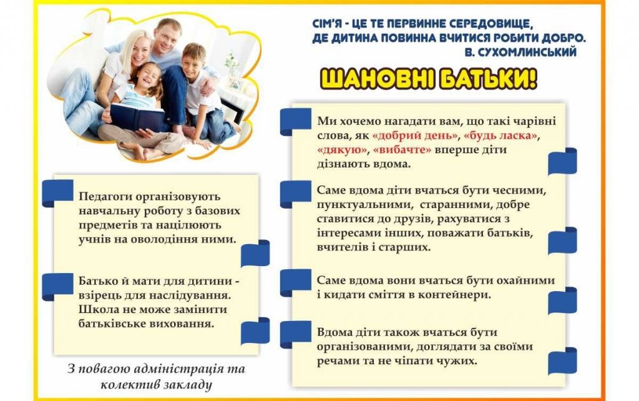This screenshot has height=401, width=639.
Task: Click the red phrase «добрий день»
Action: tap(415, 135)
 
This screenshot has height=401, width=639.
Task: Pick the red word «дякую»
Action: tap(342, 150)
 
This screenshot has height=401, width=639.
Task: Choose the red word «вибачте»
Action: tap(402, 149)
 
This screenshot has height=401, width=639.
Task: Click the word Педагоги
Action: tap(105, 197)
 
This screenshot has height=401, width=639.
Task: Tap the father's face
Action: tap(167, 38)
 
